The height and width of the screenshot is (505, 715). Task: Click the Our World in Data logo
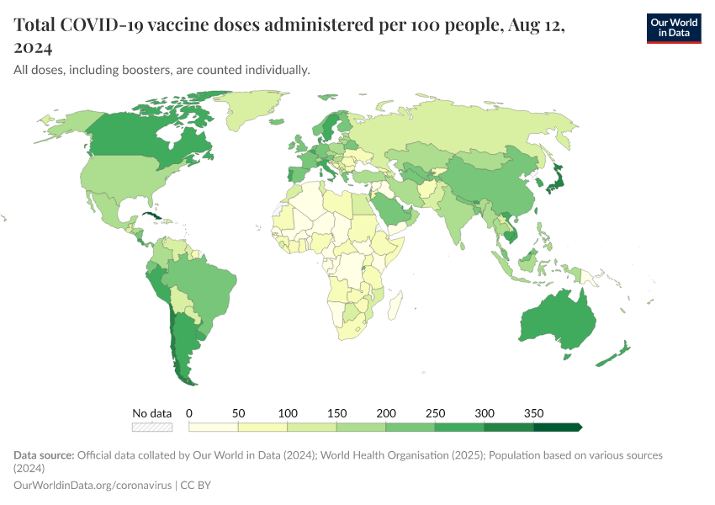[673, 28]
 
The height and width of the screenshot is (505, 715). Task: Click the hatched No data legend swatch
[153, 427]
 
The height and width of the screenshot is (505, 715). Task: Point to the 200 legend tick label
[385, 413]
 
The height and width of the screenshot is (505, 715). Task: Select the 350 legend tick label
[533, 413]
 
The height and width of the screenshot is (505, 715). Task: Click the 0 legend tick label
[189, 413]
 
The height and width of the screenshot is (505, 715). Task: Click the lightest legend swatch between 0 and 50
[214, 427]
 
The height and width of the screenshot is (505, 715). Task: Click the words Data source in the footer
[44, 455]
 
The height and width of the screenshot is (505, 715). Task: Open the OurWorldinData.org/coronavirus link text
[93, 486]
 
